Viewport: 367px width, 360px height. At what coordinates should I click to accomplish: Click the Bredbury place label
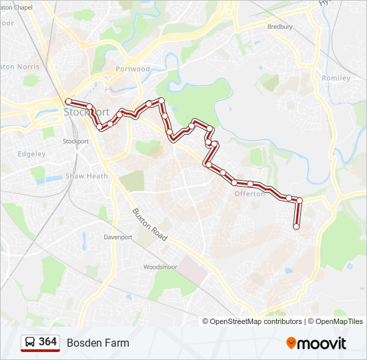point(280,27)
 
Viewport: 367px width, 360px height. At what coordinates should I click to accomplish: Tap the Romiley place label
point(336,78)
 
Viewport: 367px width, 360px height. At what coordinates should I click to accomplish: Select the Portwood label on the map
point(133,69)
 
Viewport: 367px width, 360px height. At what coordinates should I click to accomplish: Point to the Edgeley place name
point(31,154)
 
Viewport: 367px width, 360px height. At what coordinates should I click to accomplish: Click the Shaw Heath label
point(86,176)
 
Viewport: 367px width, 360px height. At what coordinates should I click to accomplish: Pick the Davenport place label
point(119,237)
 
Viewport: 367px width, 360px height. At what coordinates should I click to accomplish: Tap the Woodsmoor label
point(159,267)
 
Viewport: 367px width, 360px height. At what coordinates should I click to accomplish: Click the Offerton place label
point(250,194)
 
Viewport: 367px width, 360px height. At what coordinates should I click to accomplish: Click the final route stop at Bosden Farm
point(296,227)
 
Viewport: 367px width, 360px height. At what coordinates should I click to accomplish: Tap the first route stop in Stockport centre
point(68,101)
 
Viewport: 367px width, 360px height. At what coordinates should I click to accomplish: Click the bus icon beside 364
point(30,342)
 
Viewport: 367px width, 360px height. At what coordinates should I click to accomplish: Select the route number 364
point(48,342)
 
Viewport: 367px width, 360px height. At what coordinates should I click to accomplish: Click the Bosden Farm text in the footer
point(97,343)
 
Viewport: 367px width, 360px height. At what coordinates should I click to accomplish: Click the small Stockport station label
point(75,141)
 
